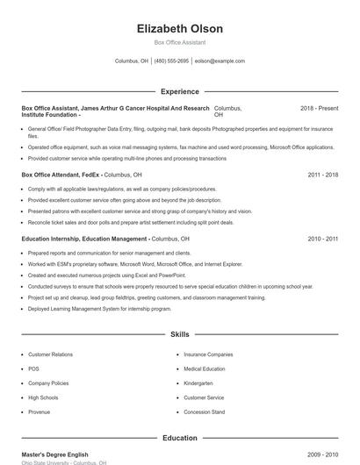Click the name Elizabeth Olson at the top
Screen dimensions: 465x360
180,28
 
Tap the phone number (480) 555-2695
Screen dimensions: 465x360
171,61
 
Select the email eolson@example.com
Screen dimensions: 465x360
220,61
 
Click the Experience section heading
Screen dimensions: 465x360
180,91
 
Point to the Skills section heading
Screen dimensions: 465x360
180,334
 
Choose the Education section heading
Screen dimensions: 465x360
180,438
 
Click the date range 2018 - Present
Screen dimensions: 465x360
319,108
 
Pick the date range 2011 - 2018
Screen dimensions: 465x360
322,175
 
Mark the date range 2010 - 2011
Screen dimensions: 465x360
322,239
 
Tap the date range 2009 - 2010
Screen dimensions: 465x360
322,454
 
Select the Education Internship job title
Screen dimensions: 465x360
84,239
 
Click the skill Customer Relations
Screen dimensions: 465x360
50,354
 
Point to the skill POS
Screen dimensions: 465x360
33,368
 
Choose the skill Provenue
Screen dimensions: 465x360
39,411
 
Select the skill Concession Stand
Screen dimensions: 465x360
204,411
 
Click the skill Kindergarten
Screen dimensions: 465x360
198,383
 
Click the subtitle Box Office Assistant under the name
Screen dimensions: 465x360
180,42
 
